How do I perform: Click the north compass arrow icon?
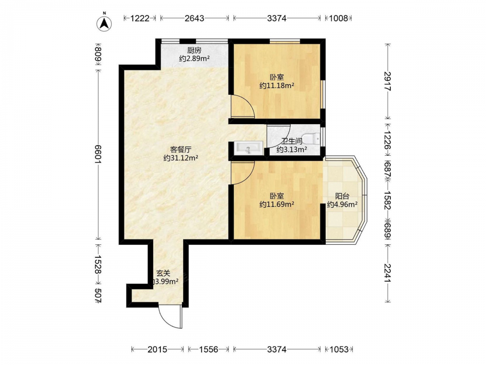[x=104, y=23]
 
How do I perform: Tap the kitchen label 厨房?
[x=194, y=50]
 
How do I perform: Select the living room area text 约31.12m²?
[x=181, y=158]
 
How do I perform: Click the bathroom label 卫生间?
[x=292, y=141]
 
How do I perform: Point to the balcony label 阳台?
[x=343, y=196]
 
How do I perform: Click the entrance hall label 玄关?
[x=163, y=274]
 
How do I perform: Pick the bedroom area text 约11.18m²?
[x=277, y=86]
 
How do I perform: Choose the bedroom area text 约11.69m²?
[x=277, y=204]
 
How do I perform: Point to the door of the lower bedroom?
[x=243, y=173]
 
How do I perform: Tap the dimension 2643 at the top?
[x=194, y=18]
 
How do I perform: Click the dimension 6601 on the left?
[x=98, y=154]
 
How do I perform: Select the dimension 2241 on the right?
[x=388, y=273]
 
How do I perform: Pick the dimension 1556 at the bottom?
[x=208, y=350]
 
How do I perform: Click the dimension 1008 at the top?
[x=338, y=18]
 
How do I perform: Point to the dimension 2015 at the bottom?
[x=157, y=350]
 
